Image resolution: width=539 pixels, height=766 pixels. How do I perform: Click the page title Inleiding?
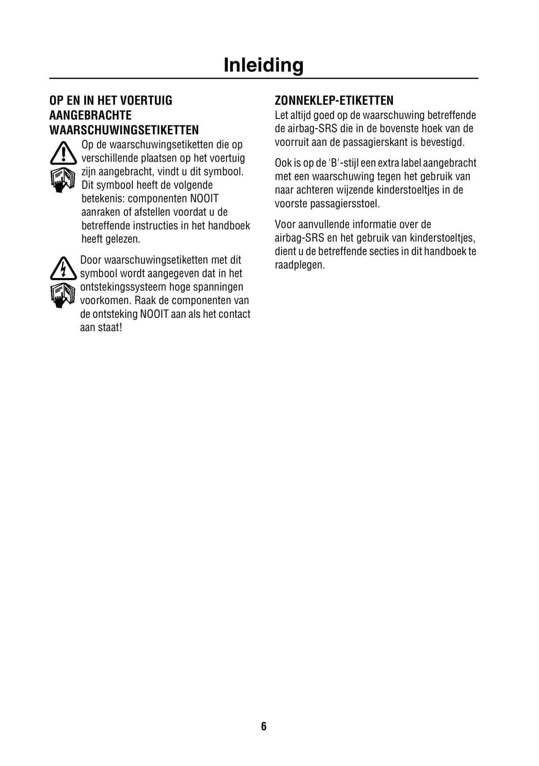[264, 65]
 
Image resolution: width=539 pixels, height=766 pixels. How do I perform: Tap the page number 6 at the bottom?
[264, 726]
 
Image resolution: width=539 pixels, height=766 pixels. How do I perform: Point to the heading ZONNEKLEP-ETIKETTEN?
[334, 100]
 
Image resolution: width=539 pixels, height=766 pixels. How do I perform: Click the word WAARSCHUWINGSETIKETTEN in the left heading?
[124, 130]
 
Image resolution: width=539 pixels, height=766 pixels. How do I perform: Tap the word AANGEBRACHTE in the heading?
[90, 115]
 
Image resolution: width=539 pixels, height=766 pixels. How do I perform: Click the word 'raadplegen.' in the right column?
[300, 265]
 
